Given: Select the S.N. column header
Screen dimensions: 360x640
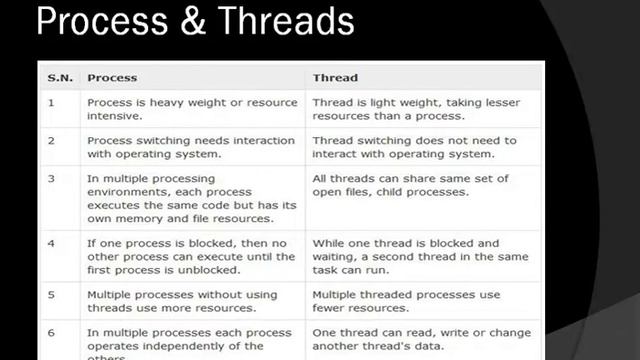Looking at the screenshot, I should (x=60, y=77).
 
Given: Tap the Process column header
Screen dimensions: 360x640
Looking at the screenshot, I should (x=112, y=77).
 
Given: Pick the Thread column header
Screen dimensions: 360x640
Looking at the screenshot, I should (x=335, y=77).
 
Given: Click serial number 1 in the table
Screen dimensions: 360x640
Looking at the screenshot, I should (x=51, y=103).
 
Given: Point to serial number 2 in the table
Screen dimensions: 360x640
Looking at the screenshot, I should (x=51, y=141).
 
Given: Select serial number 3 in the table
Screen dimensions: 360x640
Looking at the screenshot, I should (x=51, y=178).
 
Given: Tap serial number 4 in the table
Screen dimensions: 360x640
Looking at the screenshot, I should (x=51, y=243).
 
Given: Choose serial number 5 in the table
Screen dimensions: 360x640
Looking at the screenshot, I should (x=51, y=296).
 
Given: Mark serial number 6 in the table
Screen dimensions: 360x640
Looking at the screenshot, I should (x=51, y=333).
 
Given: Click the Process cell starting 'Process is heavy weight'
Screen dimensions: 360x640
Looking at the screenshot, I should (x=192, y=110).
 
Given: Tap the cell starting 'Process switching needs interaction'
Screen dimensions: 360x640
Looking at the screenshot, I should (x=191, y=148).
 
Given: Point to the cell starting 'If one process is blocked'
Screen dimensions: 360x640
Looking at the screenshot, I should (x=191, y=257).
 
